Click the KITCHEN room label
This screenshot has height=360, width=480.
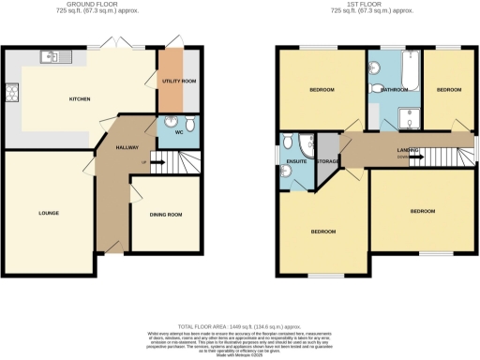80,97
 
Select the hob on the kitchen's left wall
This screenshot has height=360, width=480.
12,92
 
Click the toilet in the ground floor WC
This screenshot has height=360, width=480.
189,125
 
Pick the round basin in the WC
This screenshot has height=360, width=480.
170,122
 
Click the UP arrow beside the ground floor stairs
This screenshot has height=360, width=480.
143,163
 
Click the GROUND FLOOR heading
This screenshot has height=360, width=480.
101,6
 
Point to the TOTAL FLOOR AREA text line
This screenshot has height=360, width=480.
240,322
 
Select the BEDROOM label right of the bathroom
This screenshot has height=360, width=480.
449,89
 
